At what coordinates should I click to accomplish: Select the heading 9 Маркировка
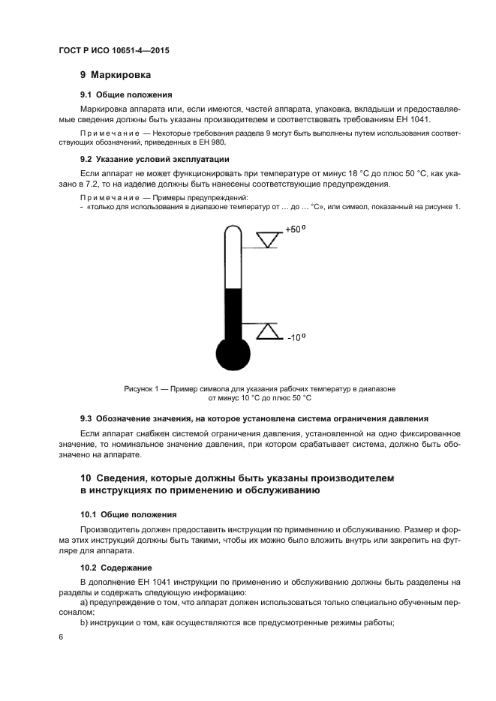pos(116,75)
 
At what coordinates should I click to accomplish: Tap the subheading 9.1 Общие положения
pos(126,95)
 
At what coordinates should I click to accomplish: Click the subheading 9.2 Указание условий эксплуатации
pos(155,159)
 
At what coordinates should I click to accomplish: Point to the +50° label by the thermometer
pos(294,229)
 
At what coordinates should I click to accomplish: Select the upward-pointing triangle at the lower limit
pos(267,331)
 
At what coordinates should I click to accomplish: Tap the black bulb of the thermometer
pos(232,355)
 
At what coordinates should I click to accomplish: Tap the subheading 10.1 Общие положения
pos(128,514)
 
